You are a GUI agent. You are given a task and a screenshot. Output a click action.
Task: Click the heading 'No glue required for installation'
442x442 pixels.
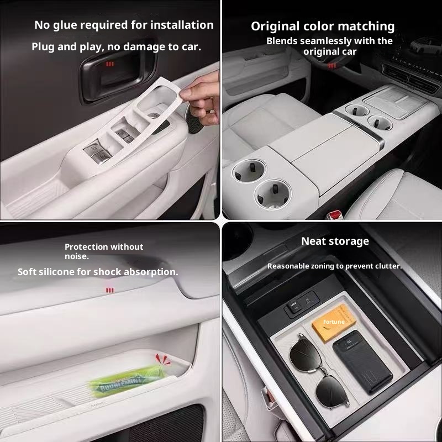coord(124,25)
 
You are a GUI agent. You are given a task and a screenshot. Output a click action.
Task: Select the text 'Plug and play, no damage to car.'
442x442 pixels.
coord(116,47)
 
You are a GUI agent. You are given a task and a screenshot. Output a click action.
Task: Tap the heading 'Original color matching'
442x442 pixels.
coord(323,27)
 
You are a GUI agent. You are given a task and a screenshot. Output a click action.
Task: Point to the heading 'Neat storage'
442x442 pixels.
coord(335,241)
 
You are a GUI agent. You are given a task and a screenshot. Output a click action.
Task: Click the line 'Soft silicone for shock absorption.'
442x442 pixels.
coord(98,272)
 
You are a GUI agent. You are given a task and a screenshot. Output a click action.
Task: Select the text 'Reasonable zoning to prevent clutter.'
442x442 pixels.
coord(335,266)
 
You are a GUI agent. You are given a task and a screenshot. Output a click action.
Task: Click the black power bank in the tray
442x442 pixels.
coord(362,362)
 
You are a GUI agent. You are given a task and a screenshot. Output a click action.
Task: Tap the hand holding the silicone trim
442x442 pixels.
coord(201,99)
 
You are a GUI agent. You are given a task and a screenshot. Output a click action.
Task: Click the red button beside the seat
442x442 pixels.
coord(335,215)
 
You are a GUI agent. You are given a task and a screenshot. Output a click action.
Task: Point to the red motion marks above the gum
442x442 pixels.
coord(162,359)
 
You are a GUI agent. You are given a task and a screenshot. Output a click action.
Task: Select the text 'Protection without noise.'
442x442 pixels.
coord(104,251)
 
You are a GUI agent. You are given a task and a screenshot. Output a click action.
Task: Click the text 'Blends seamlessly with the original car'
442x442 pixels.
coord(329,46)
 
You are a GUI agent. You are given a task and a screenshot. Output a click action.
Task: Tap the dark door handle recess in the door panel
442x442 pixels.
coord(118,71)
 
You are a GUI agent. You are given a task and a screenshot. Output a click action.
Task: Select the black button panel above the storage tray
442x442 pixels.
coord(301,303)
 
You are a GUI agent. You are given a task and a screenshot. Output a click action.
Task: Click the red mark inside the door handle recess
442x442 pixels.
coord(109,64)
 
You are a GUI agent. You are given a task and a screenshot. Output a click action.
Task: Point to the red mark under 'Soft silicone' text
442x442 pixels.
coord(109,291)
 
